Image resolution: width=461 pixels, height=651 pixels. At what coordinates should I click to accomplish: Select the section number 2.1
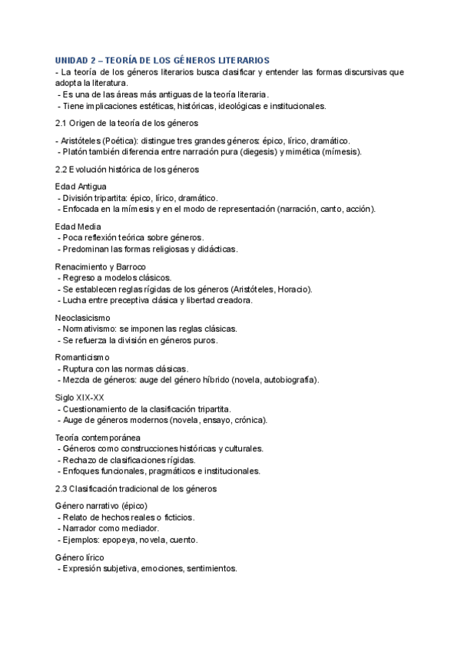click(62, 123)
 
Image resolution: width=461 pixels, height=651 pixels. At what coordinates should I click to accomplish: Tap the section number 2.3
click(62, 488)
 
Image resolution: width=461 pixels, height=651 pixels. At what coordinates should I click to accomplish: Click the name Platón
click(76, 152)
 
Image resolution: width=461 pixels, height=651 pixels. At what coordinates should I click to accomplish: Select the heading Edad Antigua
click(81, 187)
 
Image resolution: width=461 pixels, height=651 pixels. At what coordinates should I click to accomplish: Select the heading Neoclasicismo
click(83, 317)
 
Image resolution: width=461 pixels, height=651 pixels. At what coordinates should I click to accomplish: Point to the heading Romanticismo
click(82, 357)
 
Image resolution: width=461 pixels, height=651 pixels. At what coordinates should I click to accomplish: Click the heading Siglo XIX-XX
click(80, 398)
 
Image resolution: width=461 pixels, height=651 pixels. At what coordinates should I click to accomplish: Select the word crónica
click(250, 420)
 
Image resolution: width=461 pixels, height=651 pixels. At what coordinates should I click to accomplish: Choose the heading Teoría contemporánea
click(98, 438)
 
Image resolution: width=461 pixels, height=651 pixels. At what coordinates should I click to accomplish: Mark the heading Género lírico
click(80, 557)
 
